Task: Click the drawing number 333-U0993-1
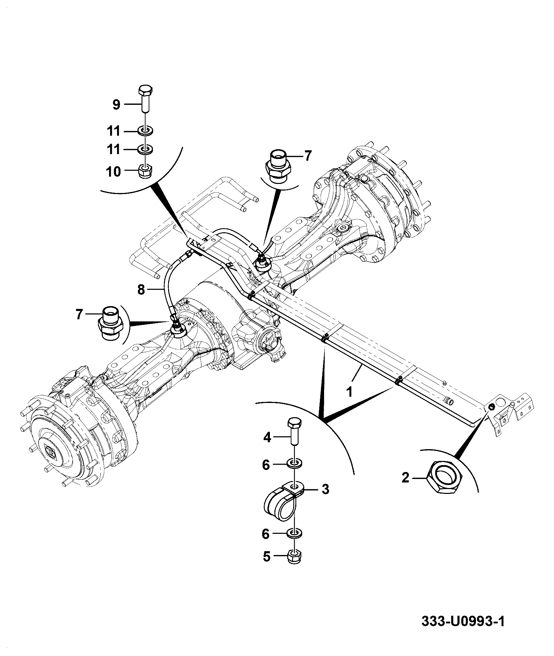coord(463,621)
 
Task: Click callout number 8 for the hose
coord(141,289)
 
